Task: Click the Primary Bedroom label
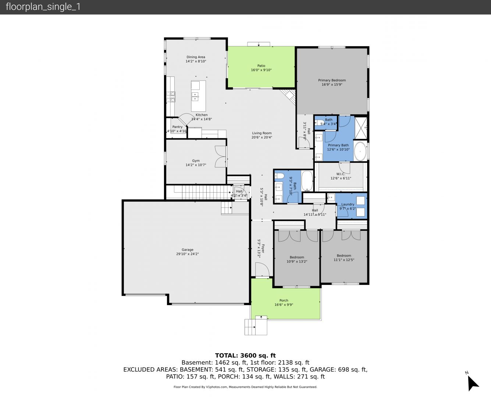332,80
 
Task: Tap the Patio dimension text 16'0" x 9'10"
261,70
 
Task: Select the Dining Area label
196,57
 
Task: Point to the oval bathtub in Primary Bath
360,151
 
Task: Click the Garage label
188,250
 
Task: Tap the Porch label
284,300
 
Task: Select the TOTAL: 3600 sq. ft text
245,355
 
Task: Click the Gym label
196,161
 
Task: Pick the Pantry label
177,127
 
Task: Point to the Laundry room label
348,204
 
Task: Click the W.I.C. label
341,174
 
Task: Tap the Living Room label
261,133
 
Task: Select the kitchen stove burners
171,97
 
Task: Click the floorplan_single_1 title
43,7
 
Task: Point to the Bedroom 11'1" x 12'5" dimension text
344,260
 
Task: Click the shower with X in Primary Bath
360,127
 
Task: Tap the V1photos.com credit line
245,387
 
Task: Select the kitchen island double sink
195,97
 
